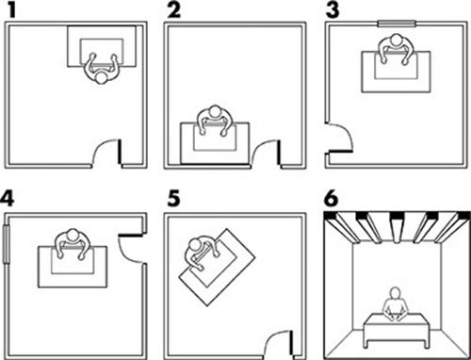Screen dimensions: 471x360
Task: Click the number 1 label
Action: [12, 10]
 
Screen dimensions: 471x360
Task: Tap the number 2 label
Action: [174, 10]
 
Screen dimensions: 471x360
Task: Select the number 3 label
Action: [333, 10]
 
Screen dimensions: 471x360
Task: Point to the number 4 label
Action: [8, 199]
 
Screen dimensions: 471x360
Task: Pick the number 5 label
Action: [174, 199]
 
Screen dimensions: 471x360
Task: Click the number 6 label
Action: [331, 199]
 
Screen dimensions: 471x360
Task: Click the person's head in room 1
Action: [101, 78]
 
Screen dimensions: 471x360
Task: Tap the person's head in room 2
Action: [216, 111]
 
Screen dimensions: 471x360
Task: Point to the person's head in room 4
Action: [73, 235]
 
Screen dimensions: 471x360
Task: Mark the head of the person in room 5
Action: [195, 244]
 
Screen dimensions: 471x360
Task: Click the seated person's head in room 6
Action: [395, 293]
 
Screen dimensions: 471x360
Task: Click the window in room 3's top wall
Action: [397, 24]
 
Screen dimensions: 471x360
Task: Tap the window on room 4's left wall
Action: [7, 244]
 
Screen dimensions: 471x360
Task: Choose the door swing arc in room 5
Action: [274, 335]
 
